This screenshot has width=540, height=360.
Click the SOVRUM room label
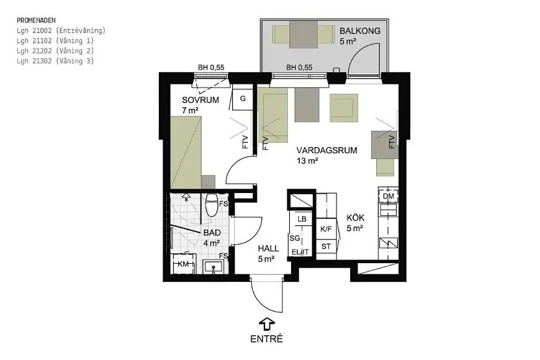click(x=200, y=101)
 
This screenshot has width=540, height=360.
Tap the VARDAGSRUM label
click(x=326, y=150)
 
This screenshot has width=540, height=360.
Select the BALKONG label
click(x=360, y=30)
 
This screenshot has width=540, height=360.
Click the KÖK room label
click(x=356, y=218)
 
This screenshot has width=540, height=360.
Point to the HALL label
click(x=268, y=248)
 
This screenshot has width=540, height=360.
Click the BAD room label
click(x=212, y=233)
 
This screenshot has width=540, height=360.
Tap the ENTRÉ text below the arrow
click(x=266, y=339)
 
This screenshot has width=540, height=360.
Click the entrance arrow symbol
click(x=266, y=325)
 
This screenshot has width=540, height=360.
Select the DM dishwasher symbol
click(x=388, y=196)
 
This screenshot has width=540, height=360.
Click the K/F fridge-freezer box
click(x=326, y=229)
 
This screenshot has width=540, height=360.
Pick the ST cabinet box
click(x=326, y=246)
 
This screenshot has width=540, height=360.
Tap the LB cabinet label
click(x=302, y=219)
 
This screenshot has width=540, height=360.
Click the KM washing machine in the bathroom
click(x=184, y=264)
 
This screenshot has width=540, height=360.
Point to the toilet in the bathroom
click(x=212, y=205)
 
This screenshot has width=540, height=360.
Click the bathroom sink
click(x=214, y=267)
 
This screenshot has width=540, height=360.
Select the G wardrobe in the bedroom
click(x=243, y=99)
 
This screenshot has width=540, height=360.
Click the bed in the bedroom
click(x=186, y=152)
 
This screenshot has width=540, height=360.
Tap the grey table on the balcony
click(x=304, y=35)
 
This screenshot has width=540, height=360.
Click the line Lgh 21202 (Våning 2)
click(x=55, y=51)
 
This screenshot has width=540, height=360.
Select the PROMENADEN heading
click(x=36, y=20)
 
